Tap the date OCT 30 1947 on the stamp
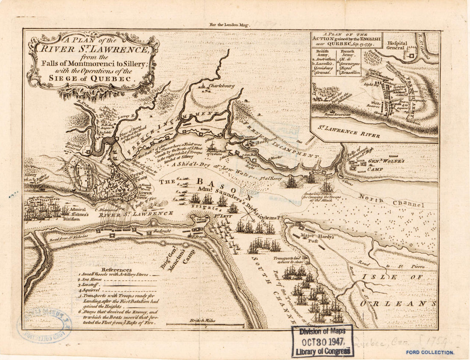click(323, 342)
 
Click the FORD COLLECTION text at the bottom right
click(431, 352)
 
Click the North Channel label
click(391, 201)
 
